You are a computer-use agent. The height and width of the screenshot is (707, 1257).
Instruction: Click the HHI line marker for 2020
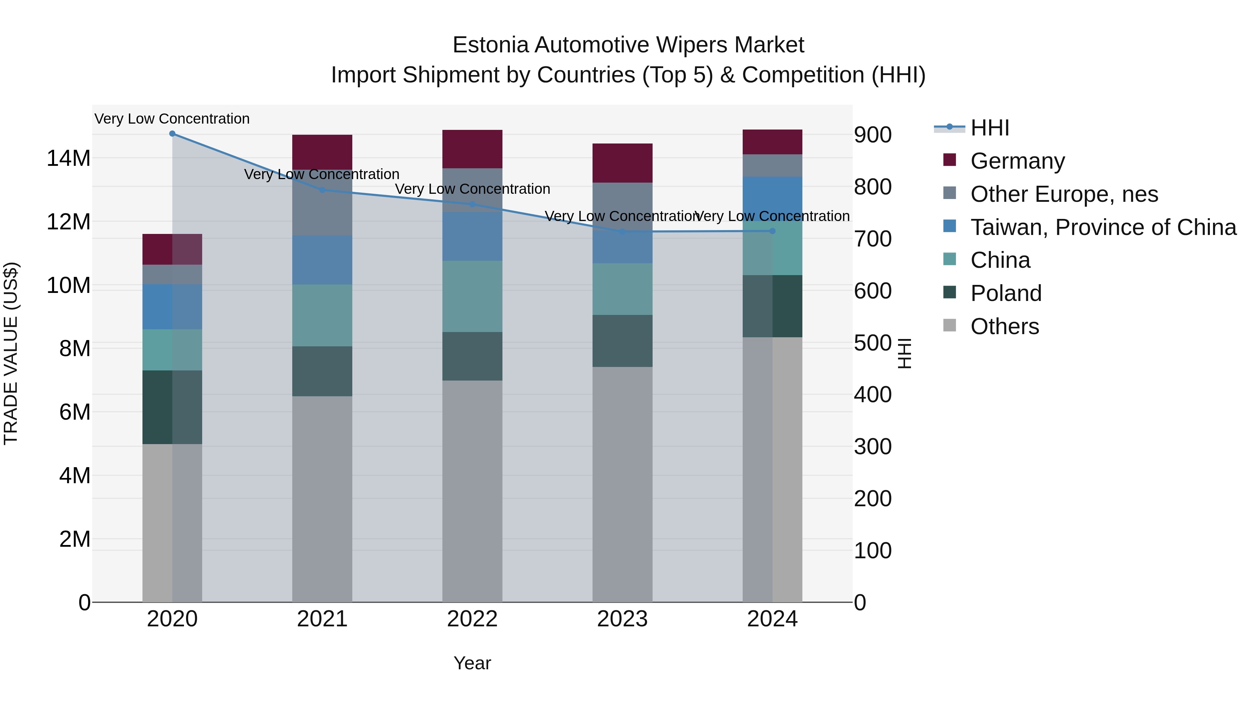point(172,134)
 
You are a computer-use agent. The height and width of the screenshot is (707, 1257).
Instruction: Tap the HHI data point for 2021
point(322,190)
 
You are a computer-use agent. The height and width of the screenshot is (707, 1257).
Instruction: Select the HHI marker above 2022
point(472,205)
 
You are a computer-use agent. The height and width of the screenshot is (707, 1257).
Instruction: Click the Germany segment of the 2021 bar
point(322,152)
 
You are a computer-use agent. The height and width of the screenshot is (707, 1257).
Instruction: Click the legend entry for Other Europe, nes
point(1064,194)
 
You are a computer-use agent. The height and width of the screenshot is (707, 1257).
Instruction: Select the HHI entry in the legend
point(989,128)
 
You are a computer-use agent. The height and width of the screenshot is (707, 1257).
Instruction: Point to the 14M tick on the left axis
point(68,159)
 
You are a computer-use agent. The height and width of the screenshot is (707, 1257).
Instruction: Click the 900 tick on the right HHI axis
point(873,135)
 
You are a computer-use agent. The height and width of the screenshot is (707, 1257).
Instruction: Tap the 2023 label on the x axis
point(622,619)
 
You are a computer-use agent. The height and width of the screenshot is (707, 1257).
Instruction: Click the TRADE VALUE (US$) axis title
point(11,353)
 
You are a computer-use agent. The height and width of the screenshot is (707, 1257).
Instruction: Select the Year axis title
point(472,663)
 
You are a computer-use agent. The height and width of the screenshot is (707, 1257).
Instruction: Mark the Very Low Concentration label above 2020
point(172,119)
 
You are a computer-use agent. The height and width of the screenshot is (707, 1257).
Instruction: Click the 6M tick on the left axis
point(75,412)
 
